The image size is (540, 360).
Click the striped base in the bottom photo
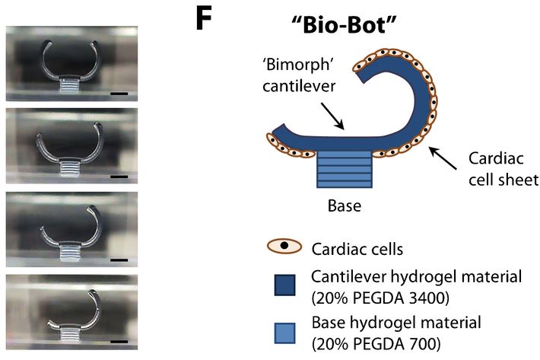tap(71, 330)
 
